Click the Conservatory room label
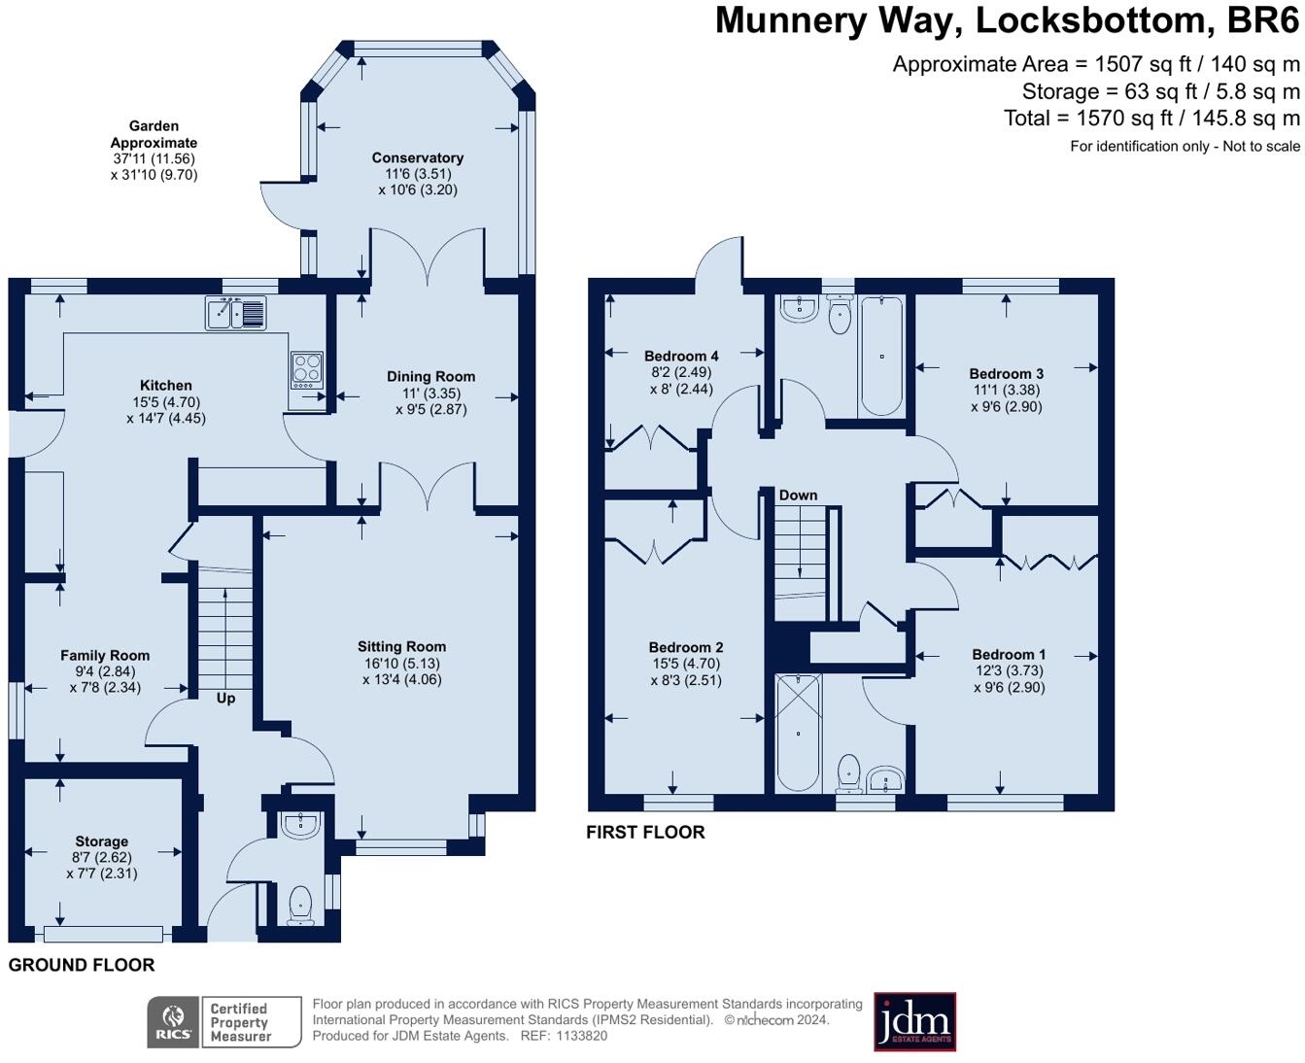pos(417,157)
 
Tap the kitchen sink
pos(236,313)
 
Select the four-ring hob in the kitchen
pos(306,369)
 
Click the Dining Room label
pos(430,376)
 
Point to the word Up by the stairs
pos(225,699)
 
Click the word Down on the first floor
pos(798,495)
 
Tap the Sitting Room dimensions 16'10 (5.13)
pos(401,663)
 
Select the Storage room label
pos(102,841)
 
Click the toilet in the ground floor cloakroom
pos(300,905)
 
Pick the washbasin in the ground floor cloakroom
pos(300,825)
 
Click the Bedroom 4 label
pos(681,356)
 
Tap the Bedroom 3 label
pos(1006,374)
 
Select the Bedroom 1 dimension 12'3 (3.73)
pos(1009,670)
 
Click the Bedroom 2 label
pos(686,647)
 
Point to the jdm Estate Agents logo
pos(914,1021)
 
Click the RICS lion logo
pos(173,1022)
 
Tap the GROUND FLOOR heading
pos(82,965)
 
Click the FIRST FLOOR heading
pos(645,832)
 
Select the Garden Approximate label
pos(154,134)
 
